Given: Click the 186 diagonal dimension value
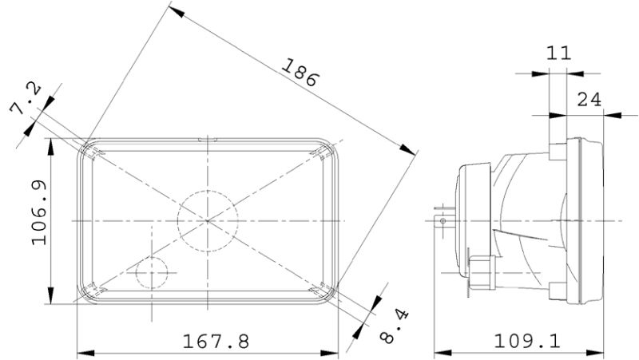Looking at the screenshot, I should point(299,73).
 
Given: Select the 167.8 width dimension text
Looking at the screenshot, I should point(216,341).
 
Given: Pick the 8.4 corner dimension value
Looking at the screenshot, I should point(392,326).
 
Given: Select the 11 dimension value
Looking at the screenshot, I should point(558,53).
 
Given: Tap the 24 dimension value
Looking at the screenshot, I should point(589,99).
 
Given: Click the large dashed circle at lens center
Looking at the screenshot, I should point(208,219).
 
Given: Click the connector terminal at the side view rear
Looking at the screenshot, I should point(441,217).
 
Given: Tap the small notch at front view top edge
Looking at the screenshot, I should point(208,140).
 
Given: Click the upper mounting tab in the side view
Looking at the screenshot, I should point(556,148).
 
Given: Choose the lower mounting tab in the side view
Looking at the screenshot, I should point(556,288).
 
